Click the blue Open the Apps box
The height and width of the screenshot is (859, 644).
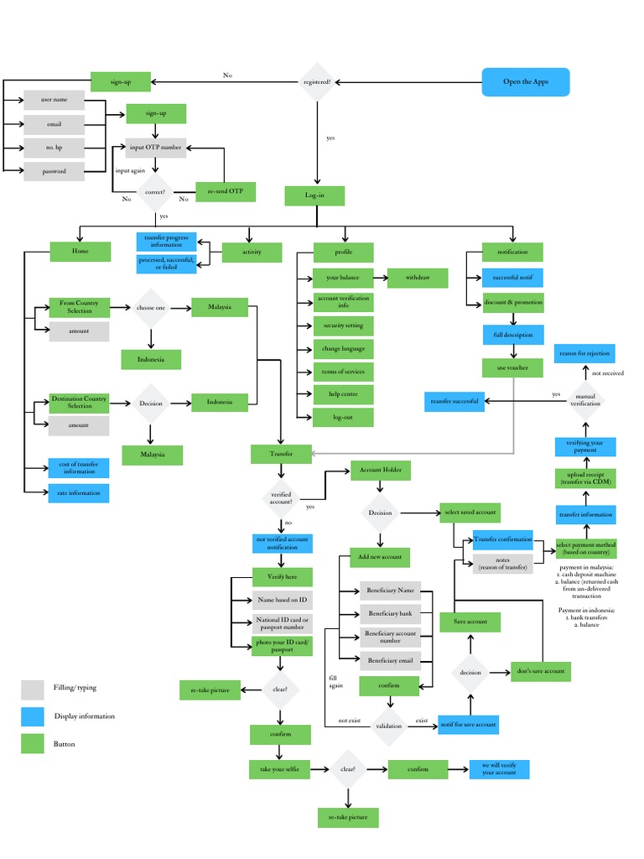tap(526, 82)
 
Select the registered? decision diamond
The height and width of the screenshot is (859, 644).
tap(316, 82)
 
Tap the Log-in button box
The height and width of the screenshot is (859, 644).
tap(314, 195)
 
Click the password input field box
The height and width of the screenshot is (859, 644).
tap(54, 171)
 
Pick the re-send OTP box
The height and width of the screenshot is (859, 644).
tap(225, 192)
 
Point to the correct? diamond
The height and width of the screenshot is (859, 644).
tap(155, 193)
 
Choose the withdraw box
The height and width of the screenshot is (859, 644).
tap(417, 278)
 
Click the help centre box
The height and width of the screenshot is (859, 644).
tap(343, 393)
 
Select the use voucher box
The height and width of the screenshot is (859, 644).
tap(512, 367)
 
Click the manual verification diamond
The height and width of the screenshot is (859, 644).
tap(585, 400)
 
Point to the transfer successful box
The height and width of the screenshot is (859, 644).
tap(454, 401)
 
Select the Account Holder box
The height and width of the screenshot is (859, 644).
tap(380, 471)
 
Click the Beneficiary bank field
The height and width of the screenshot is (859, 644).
tap(389, 613)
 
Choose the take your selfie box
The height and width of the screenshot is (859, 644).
tap(279, 768)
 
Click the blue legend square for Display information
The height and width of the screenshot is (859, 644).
tap(33, 716)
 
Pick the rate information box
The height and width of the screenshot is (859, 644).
tap(79, 493)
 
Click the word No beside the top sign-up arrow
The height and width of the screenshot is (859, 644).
tap(227, 75)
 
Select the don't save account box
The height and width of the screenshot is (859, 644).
tap(540, 671)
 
